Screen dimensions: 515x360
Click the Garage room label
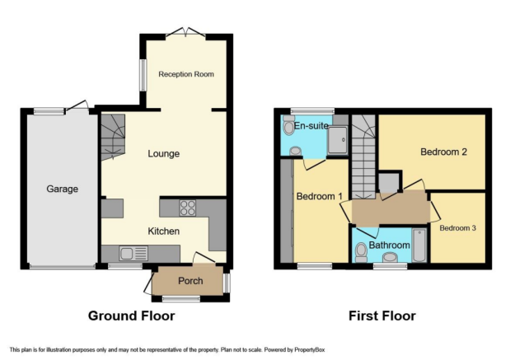62,189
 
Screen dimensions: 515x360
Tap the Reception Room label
186,74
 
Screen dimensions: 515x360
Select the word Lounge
164,154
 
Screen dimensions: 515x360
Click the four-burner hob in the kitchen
188,208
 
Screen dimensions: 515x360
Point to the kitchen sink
133,254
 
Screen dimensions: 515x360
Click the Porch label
190,281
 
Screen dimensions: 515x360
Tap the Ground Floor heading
131,316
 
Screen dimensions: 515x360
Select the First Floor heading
382,316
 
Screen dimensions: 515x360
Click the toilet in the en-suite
288,125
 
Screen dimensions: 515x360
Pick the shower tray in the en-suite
338,140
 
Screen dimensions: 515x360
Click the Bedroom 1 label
319,196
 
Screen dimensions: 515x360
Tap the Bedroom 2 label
443,152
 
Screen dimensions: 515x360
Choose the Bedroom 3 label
457,228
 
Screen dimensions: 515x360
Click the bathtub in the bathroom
419,245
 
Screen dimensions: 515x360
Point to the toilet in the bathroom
361,252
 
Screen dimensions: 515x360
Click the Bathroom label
389,245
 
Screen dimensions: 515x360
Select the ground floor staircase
113,137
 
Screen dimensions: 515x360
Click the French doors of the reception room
186,32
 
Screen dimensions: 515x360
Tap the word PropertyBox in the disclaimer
309,350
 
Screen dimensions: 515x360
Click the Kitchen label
164,231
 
